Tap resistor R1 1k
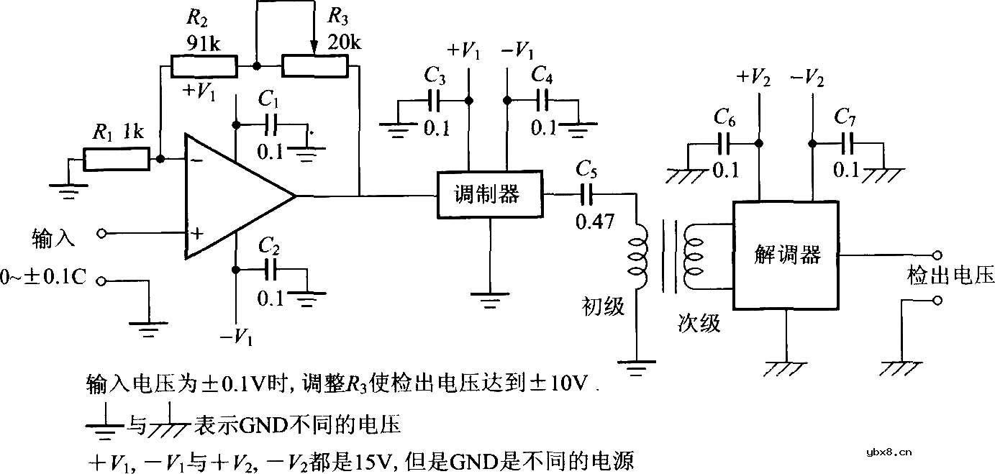coord(116,160)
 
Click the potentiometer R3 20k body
coord(315,66)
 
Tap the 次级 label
coord(698,324)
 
